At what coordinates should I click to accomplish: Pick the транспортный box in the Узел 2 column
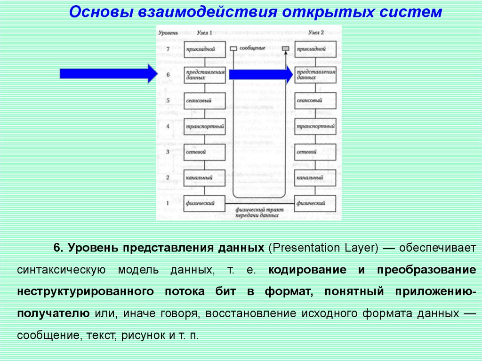pos(315,126)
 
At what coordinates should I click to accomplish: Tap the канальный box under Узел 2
pos(315,177)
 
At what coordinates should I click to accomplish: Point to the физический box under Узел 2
pos(315,203)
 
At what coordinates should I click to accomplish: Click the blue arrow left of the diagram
pos(108,74)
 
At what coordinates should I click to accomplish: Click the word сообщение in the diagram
pos(252,48)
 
